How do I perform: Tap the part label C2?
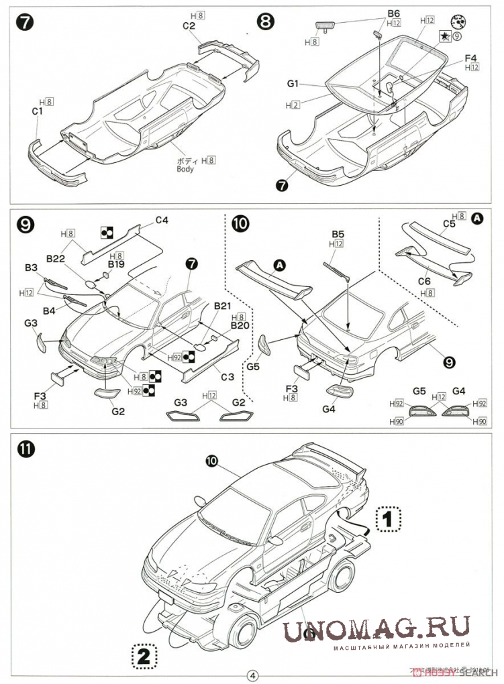(x=189, y=25)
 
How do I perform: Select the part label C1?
(x=37, y=111)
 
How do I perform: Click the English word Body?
(x=185, y=169)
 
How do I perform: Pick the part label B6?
(x=393, y=13)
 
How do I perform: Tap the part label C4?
(x=162, y=220)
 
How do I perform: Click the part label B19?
(x=116, y=264)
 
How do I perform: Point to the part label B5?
(x=338, y=234)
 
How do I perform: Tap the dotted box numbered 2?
(x=143, y=655)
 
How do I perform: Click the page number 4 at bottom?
(x=252, y=675)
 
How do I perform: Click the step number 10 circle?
(x=240, y=223)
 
